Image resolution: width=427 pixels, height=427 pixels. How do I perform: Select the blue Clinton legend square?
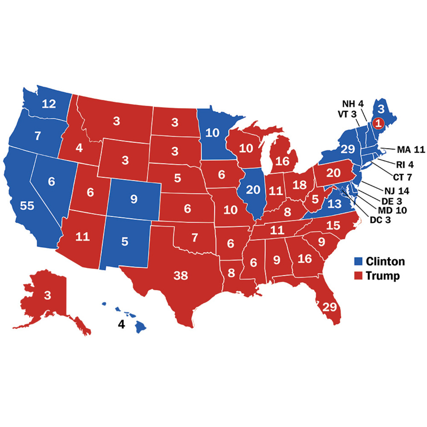click(358, 261)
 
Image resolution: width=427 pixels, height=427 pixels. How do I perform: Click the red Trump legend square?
click(358, 276)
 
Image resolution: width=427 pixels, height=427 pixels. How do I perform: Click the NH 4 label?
click(353, 103)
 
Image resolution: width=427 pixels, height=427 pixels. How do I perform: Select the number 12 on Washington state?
click(49, 103)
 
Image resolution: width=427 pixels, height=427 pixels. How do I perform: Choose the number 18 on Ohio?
click(300, 184)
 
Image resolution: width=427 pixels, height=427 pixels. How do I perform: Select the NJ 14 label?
click(393, 191)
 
